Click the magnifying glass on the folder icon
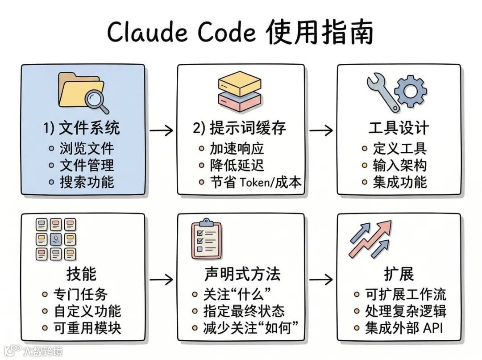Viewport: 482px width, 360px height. coord(97,100)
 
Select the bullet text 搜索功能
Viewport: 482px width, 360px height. coord(87,182)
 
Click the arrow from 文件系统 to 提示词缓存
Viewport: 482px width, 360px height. coord(161,130)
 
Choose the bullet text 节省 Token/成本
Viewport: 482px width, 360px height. coord(256,182)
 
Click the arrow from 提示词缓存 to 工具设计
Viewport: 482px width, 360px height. coord(321,130)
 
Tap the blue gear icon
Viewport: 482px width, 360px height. coord(411,91)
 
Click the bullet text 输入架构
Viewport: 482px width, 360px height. coord(400,165)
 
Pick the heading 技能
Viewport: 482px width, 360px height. coord(81,273)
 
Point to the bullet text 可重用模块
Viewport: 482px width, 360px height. coord(87,328)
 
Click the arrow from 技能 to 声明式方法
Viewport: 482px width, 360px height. coord(161,280)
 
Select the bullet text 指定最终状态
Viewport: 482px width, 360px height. coord(244,311)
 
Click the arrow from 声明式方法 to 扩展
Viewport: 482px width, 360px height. coord(321,280)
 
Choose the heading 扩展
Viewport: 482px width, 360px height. coord(399,273)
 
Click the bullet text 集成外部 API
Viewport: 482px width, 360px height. coord(404,328)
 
